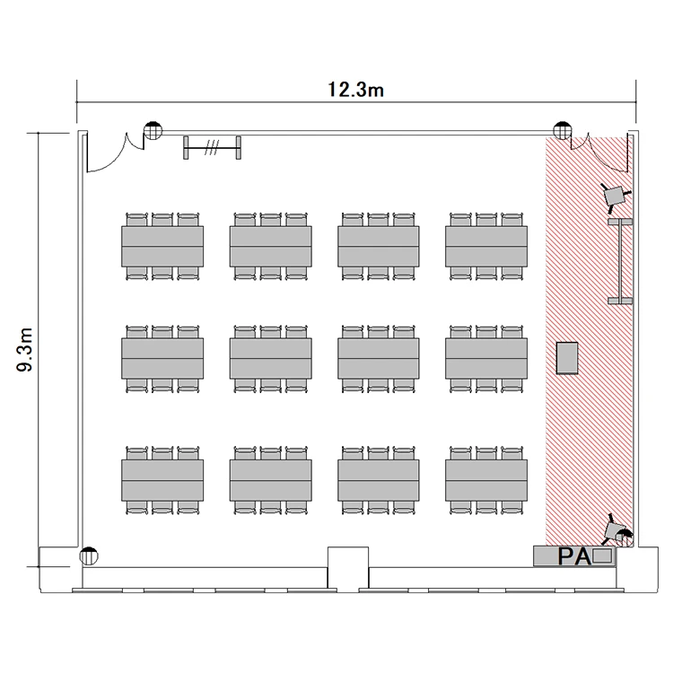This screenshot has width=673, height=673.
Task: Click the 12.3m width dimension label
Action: (x=355, y=90)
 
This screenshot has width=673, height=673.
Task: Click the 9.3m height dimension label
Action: (x=25, y=349)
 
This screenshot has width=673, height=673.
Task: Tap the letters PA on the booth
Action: (x=574, y=556)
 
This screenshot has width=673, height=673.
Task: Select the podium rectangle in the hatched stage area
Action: (x=567, y=358)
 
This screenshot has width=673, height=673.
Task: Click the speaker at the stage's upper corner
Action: (x=616, y=196)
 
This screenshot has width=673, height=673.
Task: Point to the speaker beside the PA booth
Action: (x=616, y=532)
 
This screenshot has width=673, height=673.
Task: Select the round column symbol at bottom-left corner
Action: (x=89, y=556)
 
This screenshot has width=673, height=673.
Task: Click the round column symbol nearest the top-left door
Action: (x=153, y=130)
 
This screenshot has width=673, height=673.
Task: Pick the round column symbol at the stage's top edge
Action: (x=563, y=130)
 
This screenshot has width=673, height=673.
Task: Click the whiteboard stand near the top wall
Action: (x=212, y=148)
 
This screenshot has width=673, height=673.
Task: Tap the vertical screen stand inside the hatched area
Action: (x=621, y=261)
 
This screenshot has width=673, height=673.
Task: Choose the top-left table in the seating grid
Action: (x=162, y=247)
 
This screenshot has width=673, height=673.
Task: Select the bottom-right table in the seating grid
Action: (x=486, y=480)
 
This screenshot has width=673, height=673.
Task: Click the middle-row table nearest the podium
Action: (x=486, y=358)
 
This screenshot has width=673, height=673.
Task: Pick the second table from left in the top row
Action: (x=271, y=247)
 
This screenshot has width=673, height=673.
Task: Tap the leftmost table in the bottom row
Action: (x=162, y=480)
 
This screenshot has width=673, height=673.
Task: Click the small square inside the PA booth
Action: (x=602, y=556)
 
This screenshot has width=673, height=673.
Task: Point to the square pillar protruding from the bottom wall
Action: (x=348, y=567)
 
